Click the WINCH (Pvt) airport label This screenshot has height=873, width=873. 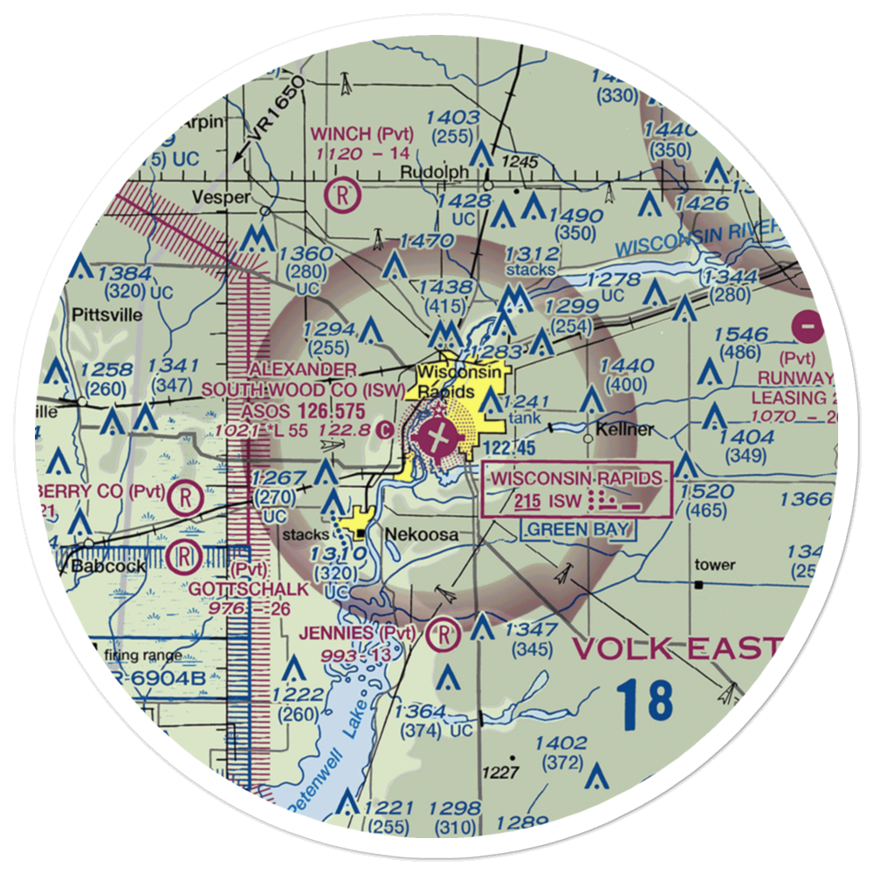[x=362, y=134]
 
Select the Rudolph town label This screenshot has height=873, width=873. [x=429, y=172]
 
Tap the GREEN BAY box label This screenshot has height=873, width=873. [x=579, y=529]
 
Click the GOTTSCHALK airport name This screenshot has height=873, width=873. [x=249, y=589]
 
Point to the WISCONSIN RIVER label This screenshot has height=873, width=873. [x=693, y=237]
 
